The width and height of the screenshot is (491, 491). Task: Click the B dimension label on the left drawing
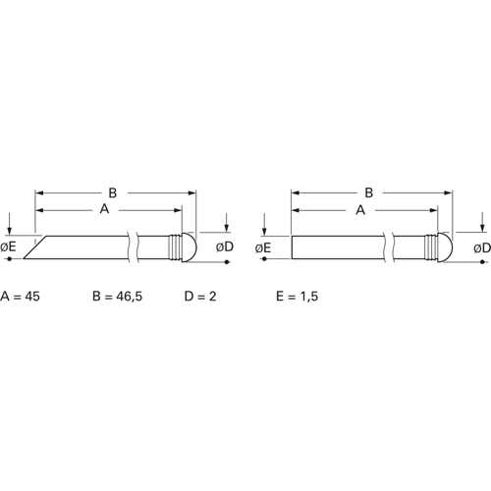coord(113,192)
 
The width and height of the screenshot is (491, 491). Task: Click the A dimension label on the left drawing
coord(104,209)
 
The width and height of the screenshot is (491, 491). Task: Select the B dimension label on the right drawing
coord(369,192)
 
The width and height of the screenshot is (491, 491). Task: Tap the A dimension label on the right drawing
coord(360,210)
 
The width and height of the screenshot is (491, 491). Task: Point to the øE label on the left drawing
coord(8,246)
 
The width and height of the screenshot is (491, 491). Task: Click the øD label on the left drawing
coord(225,247)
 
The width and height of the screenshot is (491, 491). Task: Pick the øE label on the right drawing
coord(263,248)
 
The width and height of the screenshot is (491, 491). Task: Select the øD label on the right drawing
coord(482,248)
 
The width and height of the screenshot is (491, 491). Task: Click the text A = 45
coord(21,297)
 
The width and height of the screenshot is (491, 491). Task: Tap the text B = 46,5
coord(118,297)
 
